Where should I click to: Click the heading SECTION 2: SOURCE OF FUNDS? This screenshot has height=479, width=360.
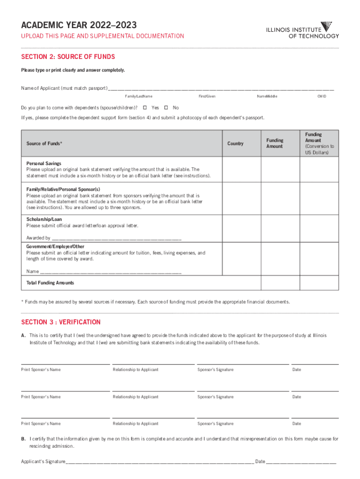68,57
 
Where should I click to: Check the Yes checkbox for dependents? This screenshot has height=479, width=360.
144,108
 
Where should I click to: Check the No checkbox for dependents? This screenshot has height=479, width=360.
166,108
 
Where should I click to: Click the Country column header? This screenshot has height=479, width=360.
235,144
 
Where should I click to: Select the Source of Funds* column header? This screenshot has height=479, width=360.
44,144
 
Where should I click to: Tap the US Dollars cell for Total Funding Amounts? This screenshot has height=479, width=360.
318,283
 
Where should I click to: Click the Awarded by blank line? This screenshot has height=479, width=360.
117,238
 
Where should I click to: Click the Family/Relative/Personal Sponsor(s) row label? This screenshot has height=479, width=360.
63,189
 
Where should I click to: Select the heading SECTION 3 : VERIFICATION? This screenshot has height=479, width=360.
61,322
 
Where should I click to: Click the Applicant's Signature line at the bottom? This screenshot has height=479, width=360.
159,461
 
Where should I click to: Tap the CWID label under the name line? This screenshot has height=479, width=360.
322,96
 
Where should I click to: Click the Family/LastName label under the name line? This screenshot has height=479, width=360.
138,96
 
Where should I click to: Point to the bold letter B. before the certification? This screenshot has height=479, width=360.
23,439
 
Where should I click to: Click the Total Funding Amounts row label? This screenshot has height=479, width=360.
50,283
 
